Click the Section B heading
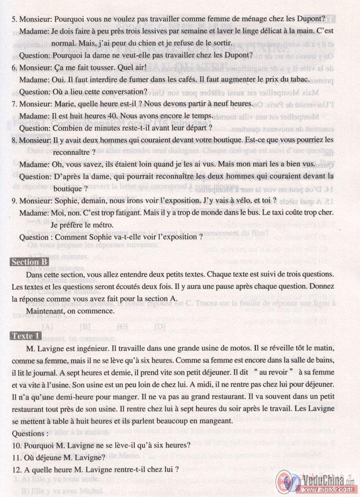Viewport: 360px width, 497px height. (x=29, y=261)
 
